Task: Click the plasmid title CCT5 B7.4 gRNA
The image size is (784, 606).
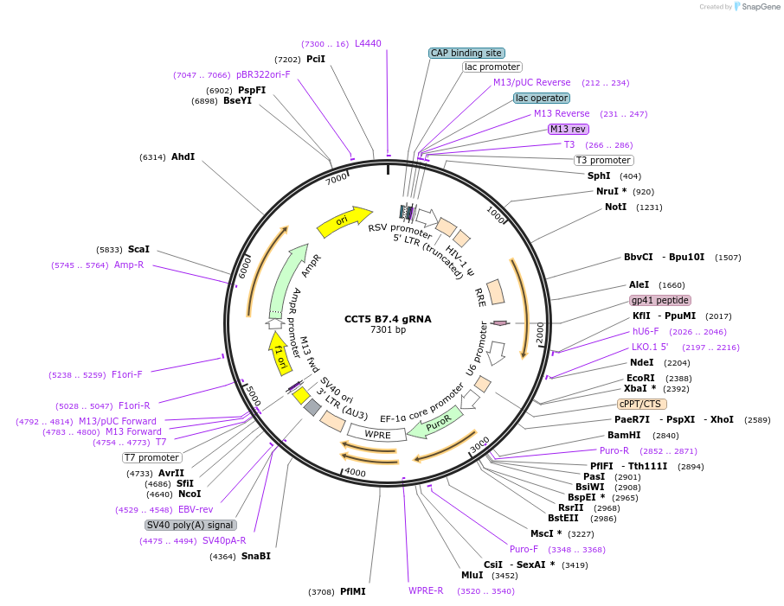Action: pyautogui.click(x=388, y=319)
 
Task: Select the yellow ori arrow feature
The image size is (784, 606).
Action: pyautogui.click(x=344, y=222)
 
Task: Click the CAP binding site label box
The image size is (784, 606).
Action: pyautogui.click(x=466, y=53)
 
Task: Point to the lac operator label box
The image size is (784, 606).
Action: pyautogui.click(x=542, y=98)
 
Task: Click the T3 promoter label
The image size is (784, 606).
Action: pyautogui.click(x=603, y=160)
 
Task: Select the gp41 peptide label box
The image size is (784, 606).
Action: pyautogui.click(x=660, y=300)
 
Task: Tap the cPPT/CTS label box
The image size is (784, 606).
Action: pyautogui.click(x=642, y=404)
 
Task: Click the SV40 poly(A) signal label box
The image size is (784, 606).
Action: pyautogui.click(x=190, y=525)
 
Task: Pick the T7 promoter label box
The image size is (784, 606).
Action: pyautogui.click(x=152, y=457)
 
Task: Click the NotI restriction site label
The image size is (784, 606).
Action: pyautogui.click(x=615, y=207)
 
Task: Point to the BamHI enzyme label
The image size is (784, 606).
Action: pyautogui.click(x=624, y=435)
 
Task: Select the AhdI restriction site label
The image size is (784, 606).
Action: pyautogui.click(x=183, y=156)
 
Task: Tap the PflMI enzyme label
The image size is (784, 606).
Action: pyautogui.click(x=352, y=591)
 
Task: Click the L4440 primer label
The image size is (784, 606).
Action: pyautogui.click(x=368, y=43)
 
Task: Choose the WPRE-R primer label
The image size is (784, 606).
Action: pyautogui.click(x=426, y=590)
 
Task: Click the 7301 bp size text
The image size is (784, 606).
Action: pyautogui.click(x=388, y=329)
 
